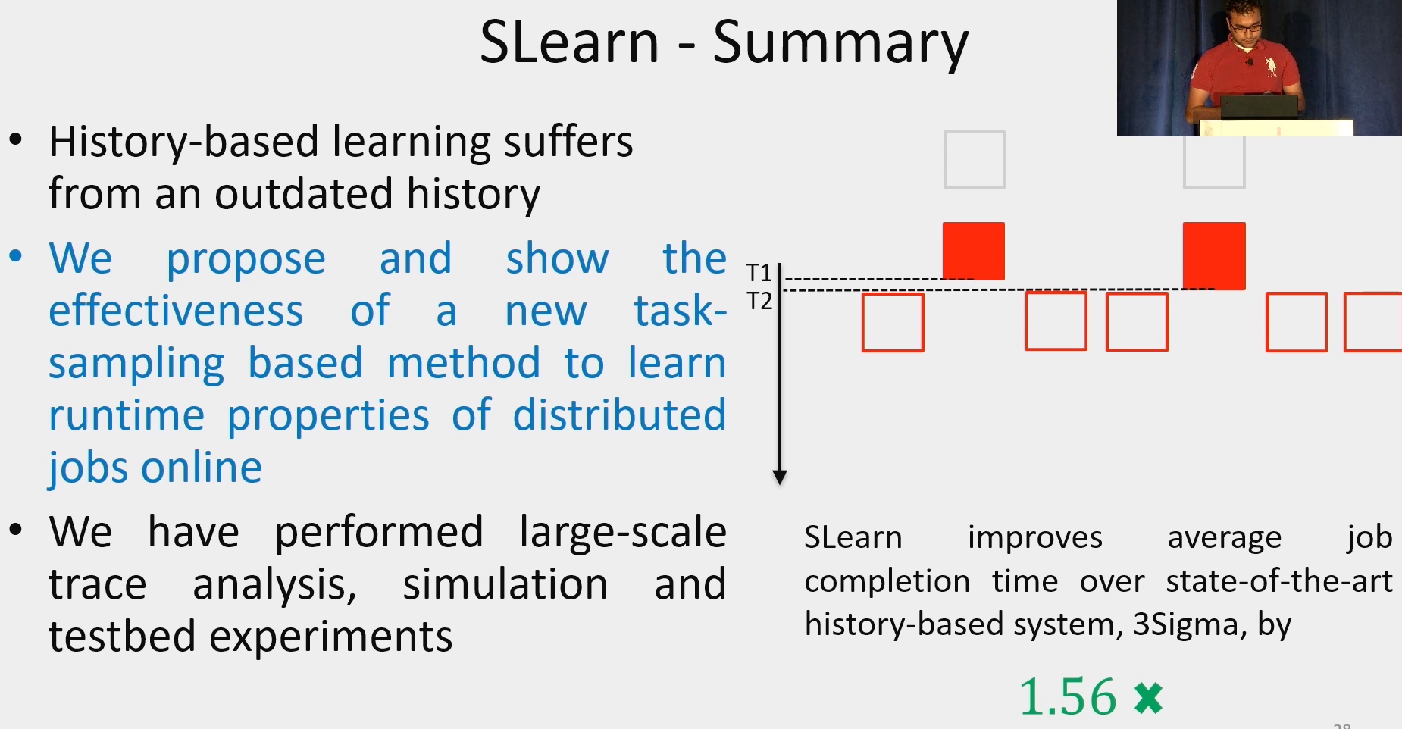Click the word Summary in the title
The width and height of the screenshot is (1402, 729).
point(840,45)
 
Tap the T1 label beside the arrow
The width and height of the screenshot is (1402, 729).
point(759,272)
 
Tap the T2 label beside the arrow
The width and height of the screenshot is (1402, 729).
point(759,301)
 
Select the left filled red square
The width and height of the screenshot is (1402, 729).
point(974,251)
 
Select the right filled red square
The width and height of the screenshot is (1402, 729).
point(1214,255)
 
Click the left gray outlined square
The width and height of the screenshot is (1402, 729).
point(975,160)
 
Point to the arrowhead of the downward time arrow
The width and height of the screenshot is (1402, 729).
point(780,477)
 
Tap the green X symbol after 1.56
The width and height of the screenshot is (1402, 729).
point(1148,698)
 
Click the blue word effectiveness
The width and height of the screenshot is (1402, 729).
point(176,311)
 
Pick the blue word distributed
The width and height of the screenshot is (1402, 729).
point(619,415)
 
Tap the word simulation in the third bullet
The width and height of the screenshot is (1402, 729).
point(505,584)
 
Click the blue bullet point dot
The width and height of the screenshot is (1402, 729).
point(16,256)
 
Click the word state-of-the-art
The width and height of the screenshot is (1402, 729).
point(1279,581)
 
